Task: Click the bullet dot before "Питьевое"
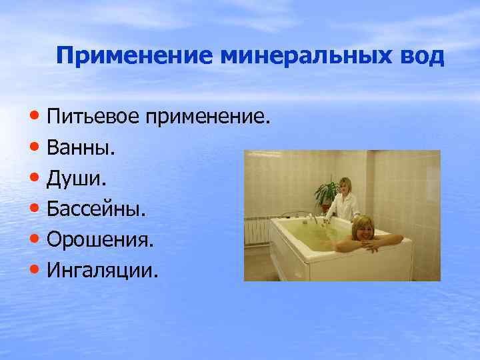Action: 35,119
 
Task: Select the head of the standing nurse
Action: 345,185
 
